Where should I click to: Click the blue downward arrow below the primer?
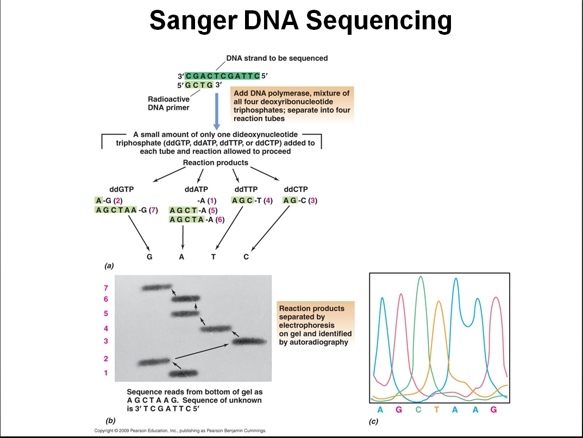[x=216, y=111]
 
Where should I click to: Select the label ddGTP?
[x=122, y=189]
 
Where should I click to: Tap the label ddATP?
[x=196, y=189]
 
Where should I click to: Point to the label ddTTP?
[x=246, y=189]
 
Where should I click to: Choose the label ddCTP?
[x=296, y=189]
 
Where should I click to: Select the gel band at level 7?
[x=156, y=287]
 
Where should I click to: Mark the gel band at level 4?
[x=216, y=328]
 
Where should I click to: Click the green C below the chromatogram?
[x=418, y=410]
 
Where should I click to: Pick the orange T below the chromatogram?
[x=436, y=410]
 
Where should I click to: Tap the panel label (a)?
[x=109, y=266]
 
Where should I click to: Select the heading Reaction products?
[x=215, y=162]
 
